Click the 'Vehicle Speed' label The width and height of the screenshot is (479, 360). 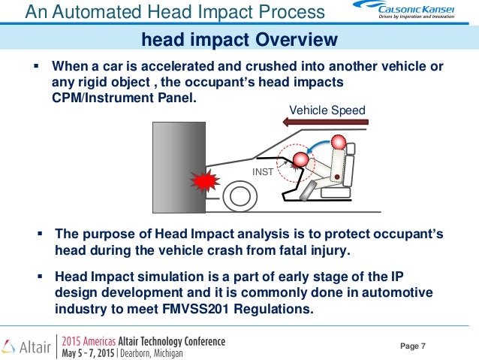(x=327, y=110)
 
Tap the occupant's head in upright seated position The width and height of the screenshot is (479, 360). (x=339, y=143)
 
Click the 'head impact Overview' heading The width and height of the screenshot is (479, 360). (x=239, y=39)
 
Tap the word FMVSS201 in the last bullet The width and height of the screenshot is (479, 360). (x=238, y=309)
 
